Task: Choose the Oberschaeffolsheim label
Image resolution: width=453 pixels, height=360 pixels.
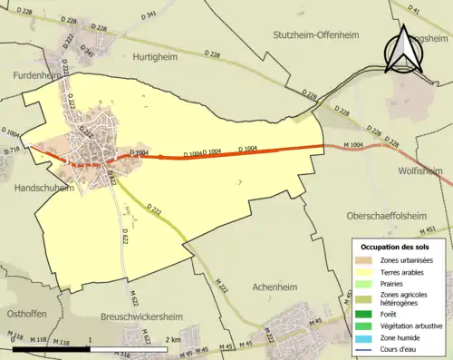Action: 392,217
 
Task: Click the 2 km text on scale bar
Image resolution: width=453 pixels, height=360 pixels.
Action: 173,338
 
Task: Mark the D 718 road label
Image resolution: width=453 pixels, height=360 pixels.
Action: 12,150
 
